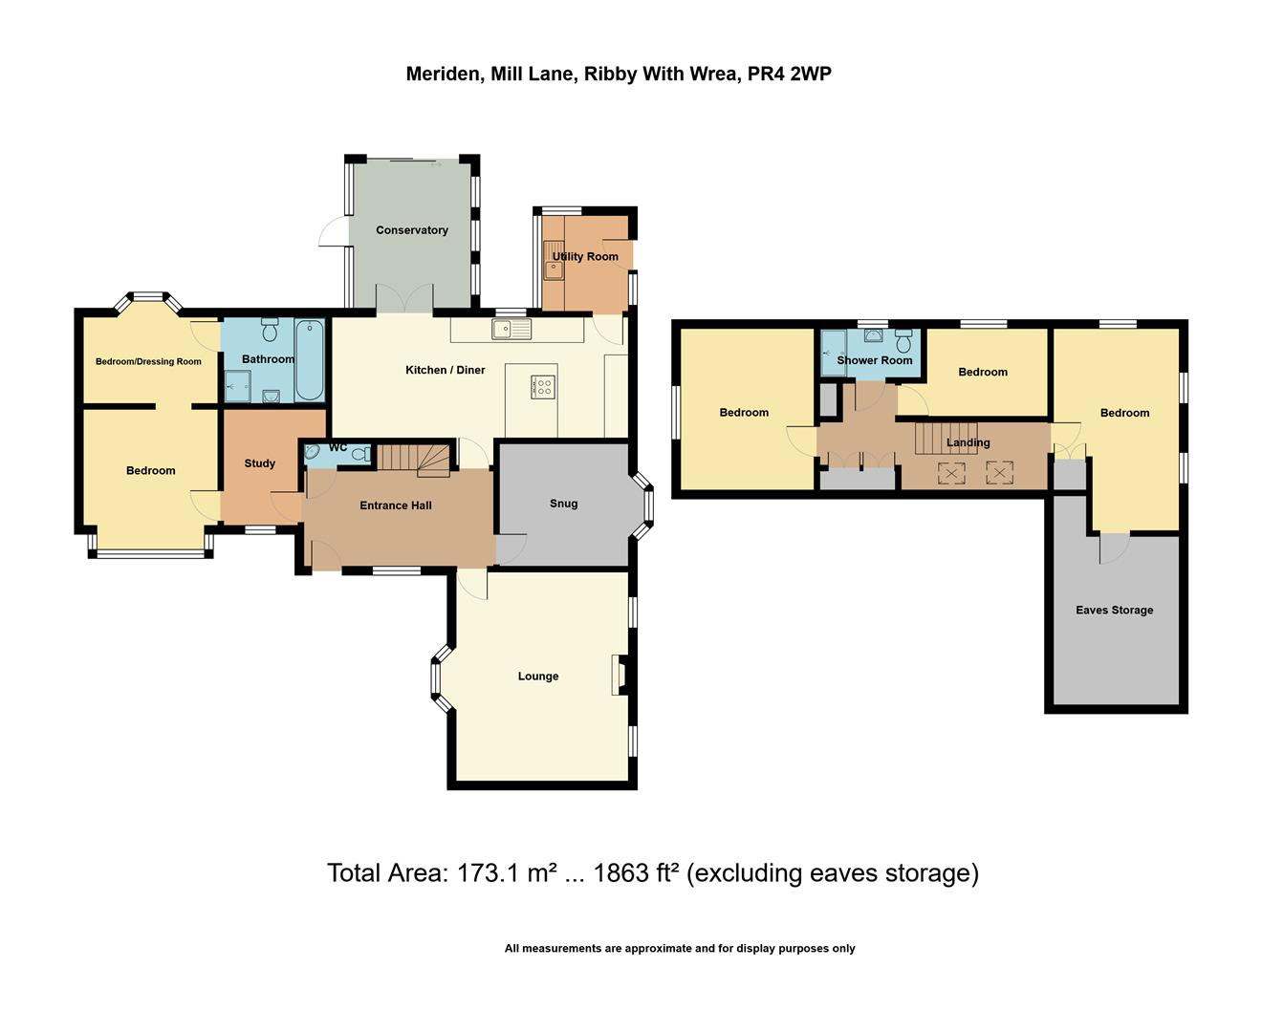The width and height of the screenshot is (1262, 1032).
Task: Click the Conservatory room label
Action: click(x=412, y=230)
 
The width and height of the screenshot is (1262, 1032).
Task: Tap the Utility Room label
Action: click(x=585, y=256)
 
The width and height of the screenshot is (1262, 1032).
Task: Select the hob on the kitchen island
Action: click(x=542, y=386)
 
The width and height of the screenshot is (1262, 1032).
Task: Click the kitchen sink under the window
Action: click(x=511, y=330)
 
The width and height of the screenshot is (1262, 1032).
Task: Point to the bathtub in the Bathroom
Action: click(x=309, y=360)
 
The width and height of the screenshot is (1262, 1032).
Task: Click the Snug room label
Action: click(x=564, y=504)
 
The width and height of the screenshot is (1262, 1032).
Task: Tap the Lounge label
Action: click(x=538, y=677)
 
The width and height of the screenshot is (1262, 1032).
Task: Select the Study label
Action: click(x=259, y=463)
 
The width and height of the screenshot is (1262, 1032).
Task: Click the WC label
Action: click(x=338, y=447)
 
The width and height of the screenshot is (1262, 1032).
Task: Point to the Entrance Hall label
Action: click(x=396, y=505)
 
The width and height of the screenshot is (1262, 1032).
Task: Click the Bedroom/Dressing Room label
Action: click(x=148, y=362)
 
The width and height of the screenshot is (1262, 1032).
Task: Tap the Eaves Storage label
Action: click(x=1114, y=610)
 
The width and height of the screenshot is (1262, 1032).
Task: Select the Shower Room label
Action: click(x=875, y=360)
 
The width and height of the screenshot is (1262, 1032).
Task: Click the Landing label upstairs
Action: click(x=968, y=442)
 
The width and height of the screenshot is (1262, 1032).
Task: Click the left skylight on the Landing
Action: click(x=952, y=471)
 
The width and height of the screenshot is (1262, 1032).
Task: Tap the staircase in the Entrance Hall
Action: click(x=413, y=459)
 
